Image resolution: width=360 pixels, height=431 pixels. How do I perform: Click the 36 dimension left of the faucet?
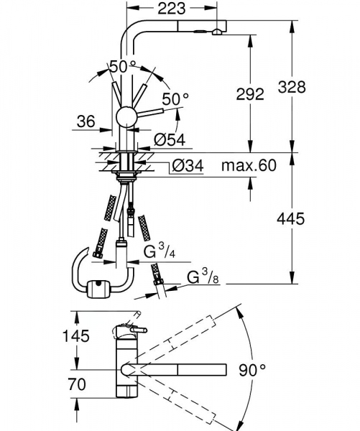(87, 123)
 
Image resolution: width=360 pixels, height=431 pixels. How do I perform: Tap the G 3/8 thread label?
(203, 278)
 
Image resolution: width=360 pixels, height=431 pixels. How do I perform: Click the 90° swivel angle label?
(251, 370)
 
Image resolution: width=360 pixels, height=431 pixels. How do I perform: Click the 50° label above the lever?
(122, 67)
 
